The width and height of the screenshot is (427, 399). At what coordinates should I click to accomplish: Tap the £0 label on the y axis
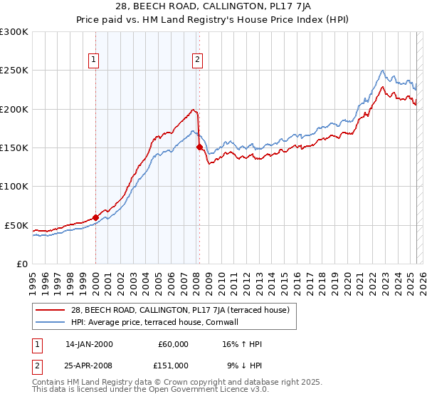pyautogui.click(x=21, y=264)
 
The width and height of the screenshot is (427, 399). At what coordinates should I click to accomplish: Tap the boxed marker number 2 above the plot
pyautogui.click(x=197, y=60)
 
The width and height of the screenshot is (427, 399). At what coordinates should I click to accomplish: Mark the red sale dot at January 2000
pyautogui.click(x=95, y=217)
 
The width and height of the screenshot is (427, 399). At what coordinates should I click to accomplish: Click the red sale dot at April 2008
pyautogui.click(x=200, y=147)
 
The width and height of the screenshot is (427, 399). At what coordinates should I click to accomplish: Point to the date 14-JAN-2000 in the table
pyautogui.click(x=89, y=344)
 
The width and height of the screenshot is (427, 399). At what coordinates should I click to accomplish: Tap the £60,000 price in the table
pyautogui.click(x=172, y=344)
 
